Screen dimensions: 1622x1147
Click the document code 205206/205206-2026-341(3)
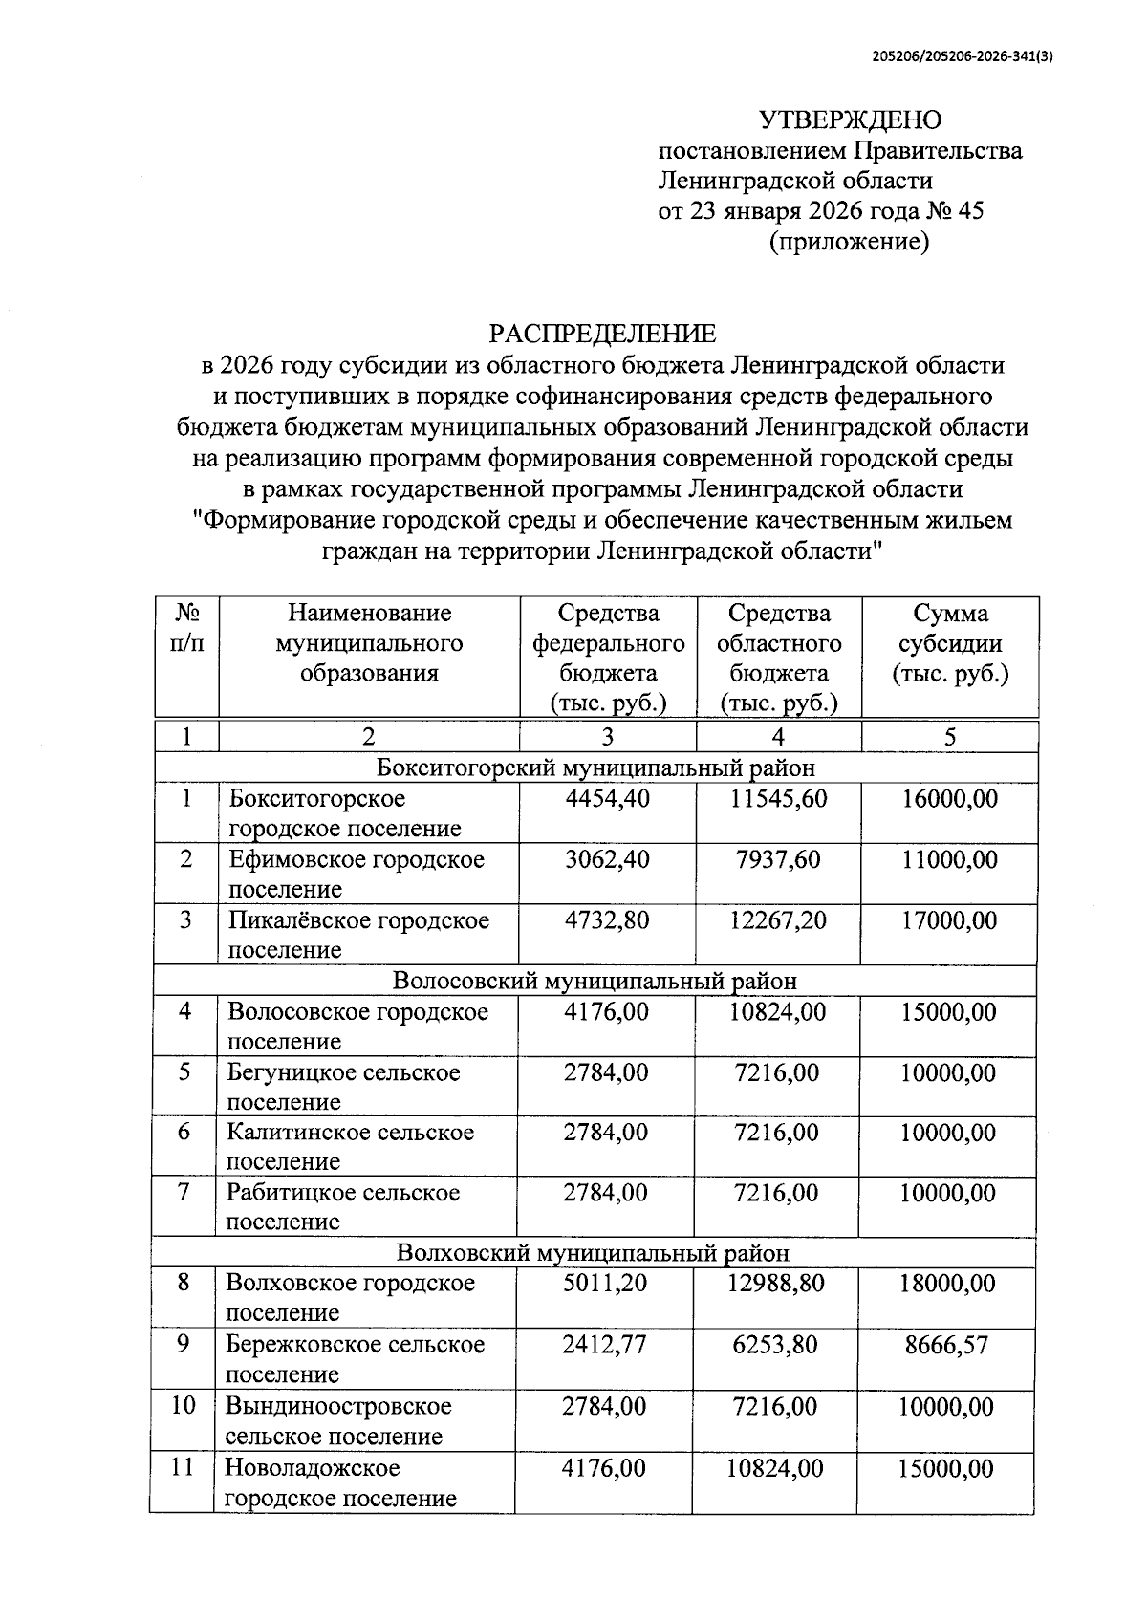(962, 56)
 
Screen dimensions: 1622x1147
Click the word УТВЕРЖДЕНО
(850, 120)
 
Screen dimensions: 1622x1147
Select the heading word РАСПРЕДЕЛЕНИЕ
(602, 334)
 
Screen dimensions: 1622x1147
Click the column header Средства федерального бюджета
(608, 658)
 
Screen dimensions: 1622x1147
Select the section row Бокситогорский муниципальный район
(595, 768)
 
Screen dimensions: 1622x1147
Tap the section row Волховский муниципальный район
(593, 1252)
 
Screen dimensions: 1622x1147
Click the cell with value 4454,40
(607, 798)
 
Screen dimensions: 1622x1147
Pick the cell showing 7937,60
(778, 859)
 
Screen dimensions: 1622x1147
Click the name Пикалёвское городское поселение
(357, 934)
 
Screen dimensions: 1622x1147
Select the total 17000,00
(949, 920)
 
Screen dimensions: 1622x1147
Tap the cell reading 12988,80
(777, 1283)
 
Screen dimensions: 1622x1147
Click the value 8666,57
(947, 1346)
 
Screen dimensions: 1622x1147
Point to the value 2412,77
(604, 1345)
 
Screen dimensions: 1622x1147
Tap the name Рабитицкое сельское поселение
(342, 1206)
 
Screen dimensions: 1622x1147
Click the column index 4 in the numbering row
(778, 736)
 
